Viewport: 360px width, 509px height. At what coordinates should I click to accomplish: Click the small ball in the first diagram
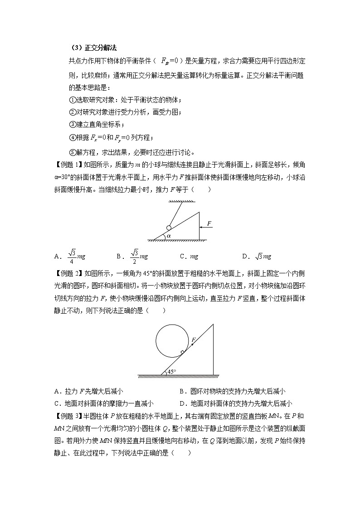tap(169, 228)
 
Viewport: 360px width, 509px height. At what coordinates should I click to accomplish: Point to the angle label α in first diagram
tap(169, 236)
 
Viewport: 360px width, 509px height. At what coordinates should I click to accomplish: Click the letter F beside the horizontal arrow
tap(209, 223)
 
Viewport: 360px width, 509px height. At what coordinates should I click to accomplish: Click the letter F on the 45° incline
tap(194, 339)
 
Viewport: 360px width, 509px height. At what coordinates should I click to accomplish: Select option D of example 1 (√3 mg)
tap(257, 257)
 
